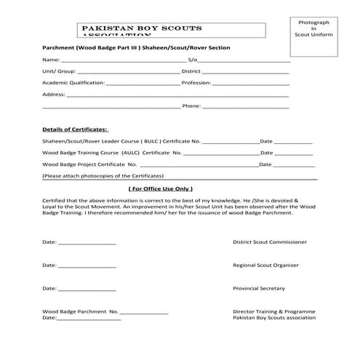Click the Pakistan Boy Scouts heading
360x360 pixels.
tap(143, 28)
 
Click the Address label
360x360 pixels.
tap(54, 95)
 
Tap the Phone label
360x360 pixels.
tap(191, 106)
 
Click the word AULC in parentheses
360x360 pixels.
tap(132, 153)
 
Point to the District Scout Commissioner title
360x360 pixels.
tap(269, 241)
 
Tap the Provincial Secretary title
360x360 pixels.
tap(259, 288)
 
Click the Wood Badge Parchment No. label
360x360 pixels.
tap(81, 311)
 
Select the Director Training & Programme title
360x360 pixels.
tap(274, 311)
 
